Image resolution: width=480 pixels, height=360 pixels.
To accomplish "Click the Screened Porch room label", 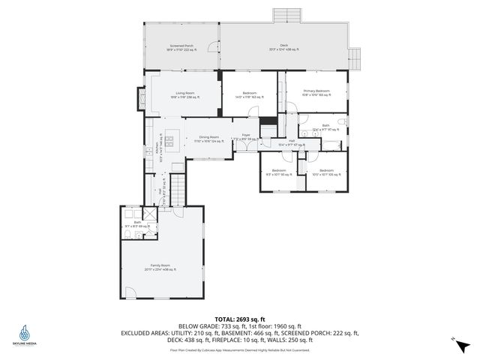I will pos(181,48).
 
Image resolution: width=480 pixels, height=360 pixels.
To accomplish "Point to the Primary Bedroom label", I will pos(316,92).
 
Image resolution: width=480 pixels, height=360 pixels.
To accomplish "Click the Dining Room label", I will pos(208,139).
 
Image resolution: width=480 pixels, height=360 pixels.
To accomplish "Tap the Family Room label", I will pos(160,267).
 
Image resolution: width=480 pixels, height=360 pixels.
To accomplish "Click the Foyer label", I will pos(244,137).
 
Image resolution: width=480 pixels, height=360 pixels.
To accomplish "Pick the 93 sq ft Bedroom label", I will pos(279,172).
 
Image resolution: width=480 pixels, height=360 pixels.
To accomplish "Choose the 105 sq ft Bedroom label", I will pos(325,172).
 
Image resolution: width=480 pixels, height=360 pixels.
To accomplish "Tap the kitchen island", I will pos(171,140).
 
